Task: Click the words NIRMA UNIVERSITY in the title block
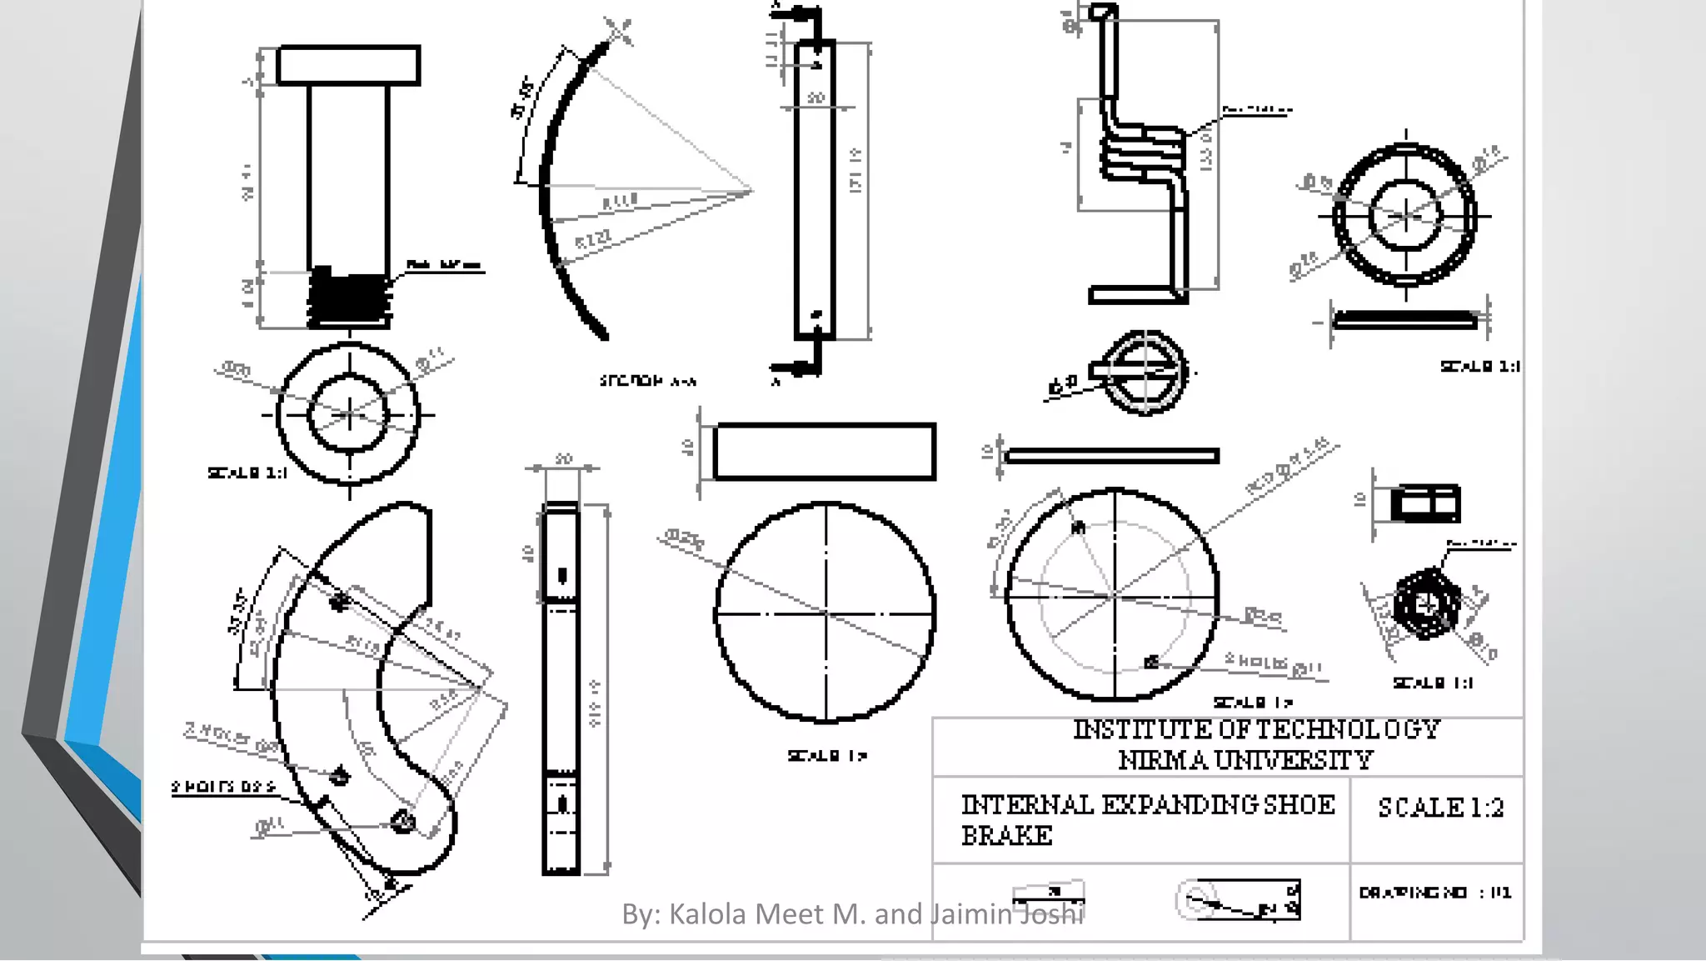pos(1245,760)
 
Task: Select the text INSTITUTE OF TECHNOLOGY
pos(1256,729)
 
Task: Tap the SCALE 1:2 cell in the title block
pos(1440,808)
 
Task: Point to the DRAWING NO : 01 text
pos(1434,893)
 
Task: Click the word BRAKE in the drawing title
pos(1006,835)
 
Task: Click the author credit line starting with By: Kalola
pos(852,914)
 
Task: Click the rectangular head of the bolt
pos(348,65)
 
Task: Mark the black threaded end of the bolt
pos(349,298)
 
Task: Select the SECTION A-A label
pos(647,381)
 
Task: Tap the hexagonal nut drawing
pos(1426,604)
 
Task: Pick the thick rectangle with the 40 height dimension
pos(825,452)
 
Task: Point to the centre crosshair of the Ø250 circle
pos(826,613)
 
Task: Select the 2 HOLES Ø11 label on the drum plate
pos(1272,663)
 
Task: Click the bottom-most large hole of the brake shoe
pos(403,822)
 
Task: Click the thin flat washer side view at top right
pos(1405,319)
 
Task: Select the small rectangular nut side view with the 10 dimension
pos(1425,503)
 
